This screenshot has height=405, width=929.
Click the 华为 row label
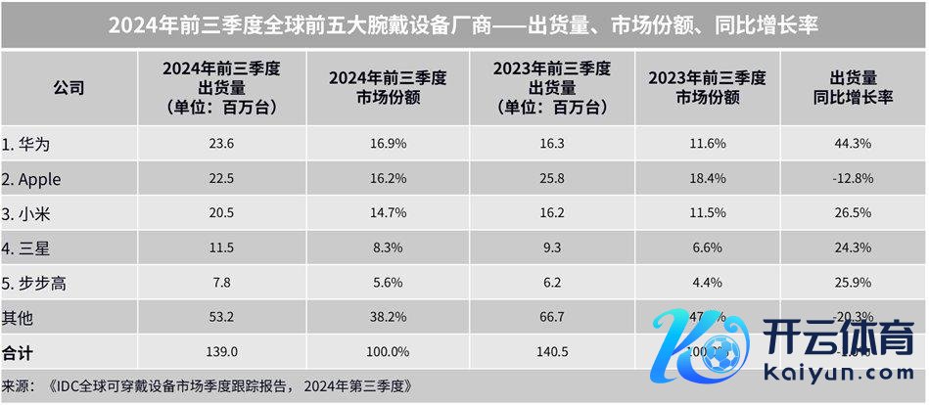pos(27,144)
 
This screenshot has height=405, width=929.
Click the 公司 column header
pos(68,87)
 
